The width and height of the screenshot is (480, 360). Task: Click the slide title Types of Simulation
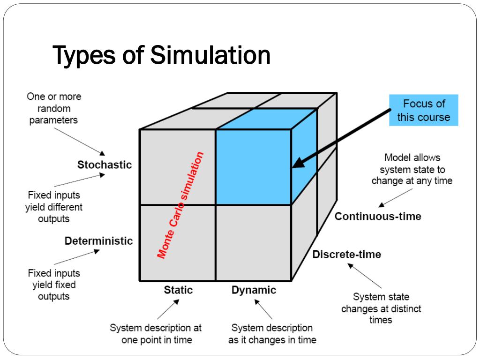pyautogui.click(x=161, y=55)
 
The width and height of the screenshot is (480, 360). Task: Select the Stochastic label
pyautogui.click(x=105, y=165)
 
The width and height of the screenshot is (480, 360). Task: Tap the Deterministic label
pyautogui.click(x=98, y=241)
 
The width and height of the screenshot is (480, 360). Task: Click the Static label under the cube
pyautogui.click(x=178, y=290)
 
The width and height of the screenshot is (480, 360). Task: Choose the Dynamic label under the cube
pyautogui.click(x=254, y=290)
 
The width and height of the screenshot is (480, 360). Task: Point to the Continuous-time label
pyautogui.click(x=378, y=216)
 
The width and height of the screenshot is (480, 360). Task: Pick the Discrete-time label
pyautogui.click(x=347, y=255)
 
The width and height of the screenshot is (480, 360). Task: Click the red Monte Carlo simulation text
pyautogui.click(x=181, y=205)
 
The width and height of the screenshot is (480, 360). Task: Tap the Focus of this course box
pyautogui.click(x=423, y=110)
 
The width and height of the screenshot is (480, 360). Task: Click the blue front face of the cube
pyautogui.click(x=253, y=167)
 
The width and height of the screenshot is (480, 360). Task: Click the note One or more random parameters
pyautogui.click(x=53, y=108)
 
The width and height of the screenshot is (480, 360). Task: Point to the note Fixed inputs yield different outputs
pyautogui.click(x=53, y=207)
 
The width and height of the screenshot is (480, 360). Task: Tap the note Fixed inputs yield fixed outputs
pyautogui.click(x=53, y=285)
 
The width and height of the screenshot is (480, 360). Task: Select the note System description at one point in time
pyautogui.click(x=156, y=334)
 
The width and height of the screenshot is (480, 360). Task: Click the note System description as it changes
pyautogui.click(x=272, y=334)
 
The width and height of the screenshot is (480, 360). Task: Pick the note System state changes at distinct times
pyautogui.click(x=381, y=308)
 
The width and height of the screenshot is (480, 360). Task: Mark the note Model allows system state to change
pyautogui.click(x=412, y=169)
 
